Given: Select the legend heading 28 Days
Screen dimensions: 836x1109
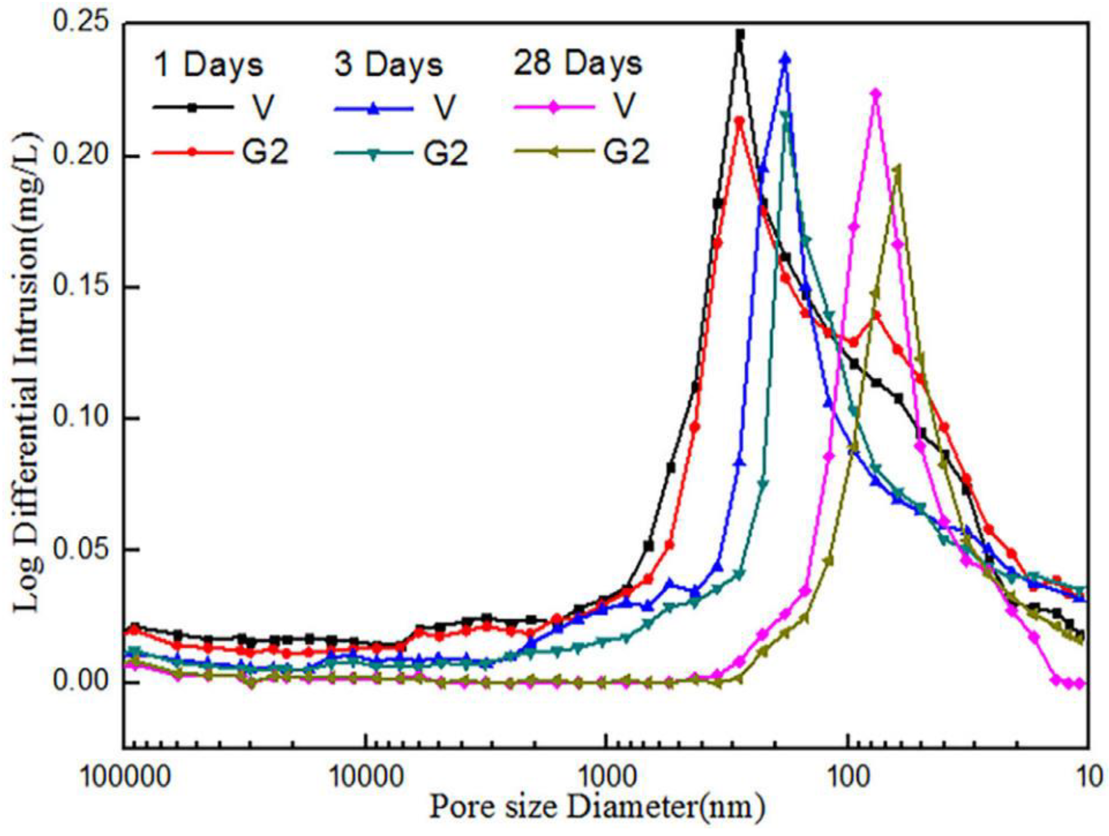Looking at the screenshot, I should click(578, 64).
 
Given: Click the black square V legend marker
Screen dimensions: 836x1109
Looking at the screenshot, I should click(193, 107).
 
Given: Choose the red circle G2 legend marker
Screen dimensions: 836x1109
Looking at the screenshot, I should click(193, 152).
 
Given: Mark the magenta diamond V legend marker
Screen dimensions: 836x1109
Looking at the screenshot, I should click(553, 107).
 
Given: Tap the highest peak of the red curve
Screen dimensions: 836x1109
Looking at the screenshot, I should click(739, 120).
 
